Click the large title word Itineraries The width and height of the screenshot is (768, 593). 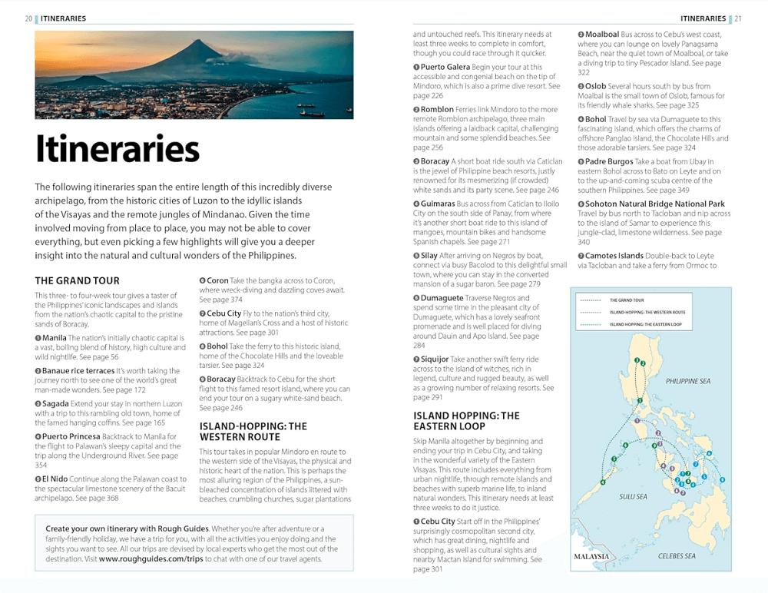tap(118, 148)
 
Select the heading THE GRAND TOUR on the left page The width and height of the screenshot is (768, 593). tap(77, 280)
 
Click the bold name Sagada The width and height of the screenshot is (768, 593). tap(56, 403)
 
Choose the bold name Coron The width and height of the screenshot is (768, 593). tap(217, 280)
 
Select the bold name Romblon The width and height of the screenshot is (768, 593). tap(437, 110)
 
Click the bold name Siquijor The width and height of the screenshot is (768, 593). tap(435, 359)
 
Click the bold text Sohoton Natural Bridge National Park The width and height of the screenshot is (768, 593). tap(655, 204)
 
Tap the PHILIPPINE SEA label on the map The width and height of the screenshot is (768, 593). tap(688, 381)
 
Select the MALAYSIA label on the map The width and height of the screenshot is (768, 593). tap(592, 556)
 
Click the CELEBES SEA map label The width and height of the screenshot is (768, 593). tap(677, 555)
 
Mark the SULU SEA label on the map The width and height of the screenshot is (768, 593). tap(633, 496)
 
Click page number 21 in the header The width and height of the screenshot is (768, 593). tap(738, 18)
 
